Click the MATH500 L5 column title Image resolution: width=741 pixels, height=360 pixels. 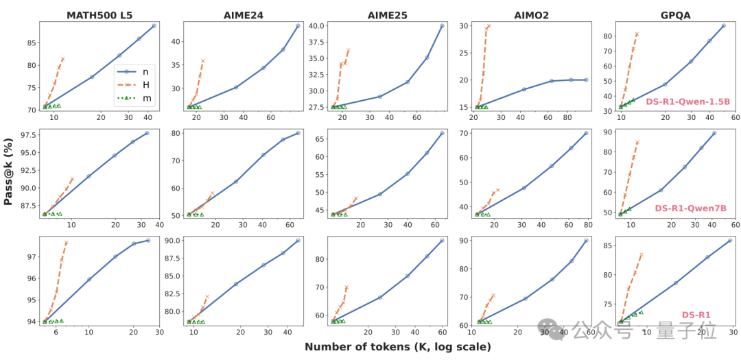[99, 14]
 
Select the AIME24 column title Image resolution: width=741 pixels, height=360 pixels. [243, 14]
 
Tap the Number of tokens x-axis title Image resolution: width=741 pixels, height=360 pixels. [398, 347]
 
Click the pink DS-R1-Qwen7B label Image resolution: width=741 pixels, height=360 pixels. [690, 208]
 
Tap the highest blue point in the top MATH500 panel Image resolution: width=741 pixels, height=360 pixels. [154, 25]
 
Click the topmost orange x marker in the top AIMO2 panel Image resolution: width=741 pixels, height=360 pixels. [489, 25]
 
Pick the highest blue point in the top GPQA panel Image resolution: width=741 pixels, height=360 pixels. [724, 25]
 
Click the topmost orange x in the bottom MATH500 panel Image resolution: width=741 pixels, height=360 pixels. [66, 242]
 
